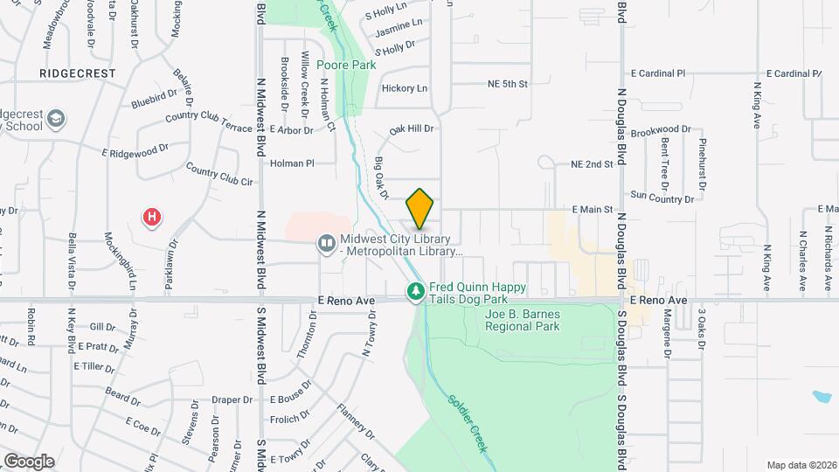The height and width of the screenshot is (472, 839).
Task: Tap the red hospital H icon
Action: pos(153,216)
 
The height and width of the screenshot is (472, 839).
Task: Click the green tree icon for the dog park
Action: pos(417,290)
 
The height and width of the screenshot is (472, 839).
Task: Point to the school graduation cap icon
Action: pos(57,118)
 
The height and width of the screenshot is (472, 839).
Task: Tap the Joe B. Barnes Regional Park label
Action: pos(523,320)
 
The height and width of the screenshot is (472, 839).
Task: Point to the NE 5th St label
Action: pos(508,84)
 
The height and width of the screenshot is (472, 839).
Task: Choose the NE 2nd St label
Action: pos(592,164)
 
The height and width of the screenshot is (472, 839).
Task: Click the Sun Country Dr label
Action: pos(662,198)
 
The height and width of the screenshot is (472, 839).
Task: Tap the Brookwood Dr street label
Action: pos(661,130)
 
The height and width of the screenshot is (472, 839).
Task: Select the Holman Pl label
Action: pos(292,163)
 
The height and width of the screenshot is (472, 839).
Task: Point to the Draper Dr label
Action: pos(232,399)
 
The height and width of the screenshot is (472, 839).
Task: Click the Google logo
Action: pos(29,462)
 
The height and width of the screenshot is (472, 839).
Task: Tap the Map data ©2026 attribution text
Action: pos(801,465)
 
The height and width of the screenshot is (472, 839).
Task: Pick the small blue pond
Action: pos(822,398)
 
